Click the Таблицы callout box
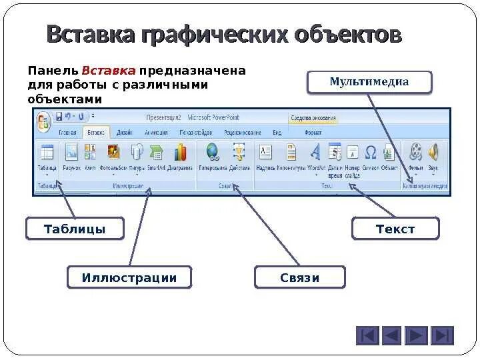coord(75,229)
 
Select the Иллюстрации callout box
coord(129,277)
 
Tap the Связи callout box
coord(300,277)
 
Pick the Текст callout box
coord(395,229)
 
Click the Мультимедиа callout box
coord(369,82)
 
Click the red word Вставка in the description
coord(109,71)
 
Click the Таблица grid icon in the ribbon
coord(47,153)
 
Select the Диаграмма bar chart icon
coord(180,153)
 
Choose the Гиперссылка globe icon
coord(213,153)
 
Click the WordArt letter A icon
coord(316,153)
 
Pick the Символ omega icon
coord(371,153)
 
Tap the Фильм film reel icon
coord(416,153)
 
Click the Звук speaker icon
coord(434,153)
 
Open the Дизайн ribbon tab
coord(125,133)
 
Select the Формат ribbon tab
coord(313,133)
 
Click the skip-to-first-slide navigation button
coord(367,335)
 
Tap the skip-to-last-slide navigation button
coord(442,335)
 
